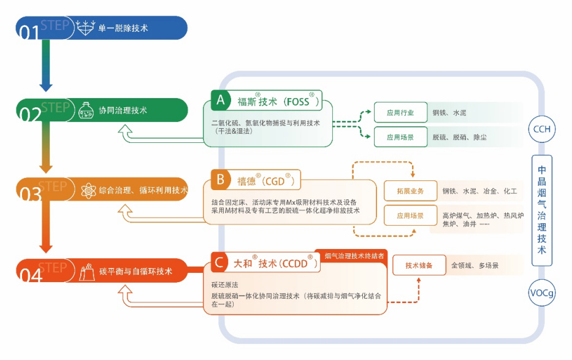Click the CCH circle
coord(541,130)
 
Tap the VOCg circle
coord(541,293)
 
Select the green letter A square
coord(220,99)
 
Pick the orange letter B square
coord(220,180)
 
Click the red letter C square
coord(220,262)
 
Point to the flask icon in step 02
coord(85,110)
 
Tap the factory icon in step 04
coord(85,270)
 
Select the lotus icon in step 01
coord(85,28)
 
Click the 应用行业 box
coord(400,113)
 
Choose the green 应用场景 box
coord(400,137)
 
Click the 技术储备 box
coord(419,266)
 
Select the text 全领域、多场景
coord(475,266)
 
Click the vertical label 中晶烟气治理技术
coord(541,210)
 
